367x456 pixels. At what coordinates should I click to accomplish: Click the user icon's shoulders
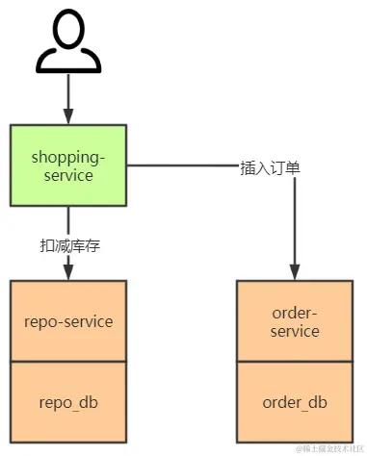pos(67,63)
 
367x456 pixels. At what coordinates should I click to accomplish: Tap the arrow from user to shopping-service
pos(67,96)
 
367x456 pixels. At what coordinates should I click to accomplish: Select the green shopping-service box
pos(67,165)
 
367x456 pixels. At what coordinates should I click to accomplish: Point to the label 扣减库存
pos(68,245)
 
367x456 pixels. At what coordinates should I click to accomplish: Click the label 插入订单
pos(270,166)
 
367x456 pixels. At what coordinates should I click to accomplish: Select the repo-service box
pos(67,320)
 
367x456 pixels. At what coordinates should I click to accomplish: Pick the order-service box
pos(295,320)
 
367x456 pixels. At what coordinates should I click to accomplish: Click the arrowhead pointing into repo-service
pos(67,272)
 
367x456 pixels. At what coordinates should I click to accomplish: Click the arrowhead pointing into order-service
pos(295,272)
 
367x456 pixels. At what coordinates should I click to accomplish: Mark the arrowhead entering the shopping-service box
pos(67,117)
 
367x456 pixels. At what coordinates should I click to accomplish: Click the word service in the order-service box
pos(295,331)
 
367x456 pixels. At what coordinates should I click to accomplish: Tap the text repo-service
pos(67,321)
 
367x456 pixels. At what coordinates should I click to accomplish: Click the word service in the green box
pos(67,175)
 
